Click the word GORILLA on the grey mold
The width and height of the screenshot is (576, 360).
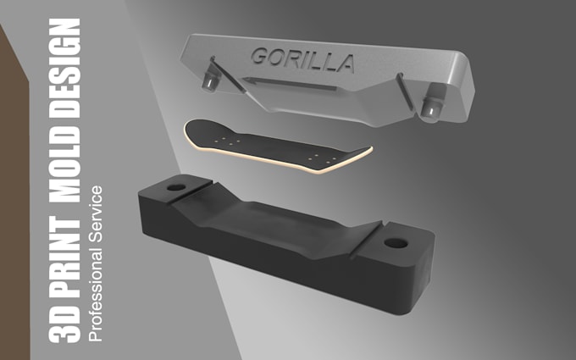[x=302, y=60]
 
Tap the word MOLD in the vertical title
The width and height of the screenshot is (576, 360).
[x=64, y=165]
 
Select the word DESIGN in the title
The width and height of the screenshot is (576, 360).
[x=64, y=68]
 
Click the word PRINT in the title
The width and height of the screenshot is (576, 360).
[x=64, y=257]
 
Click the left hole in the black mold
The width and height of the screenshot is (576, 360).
[x=176, y=187]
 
